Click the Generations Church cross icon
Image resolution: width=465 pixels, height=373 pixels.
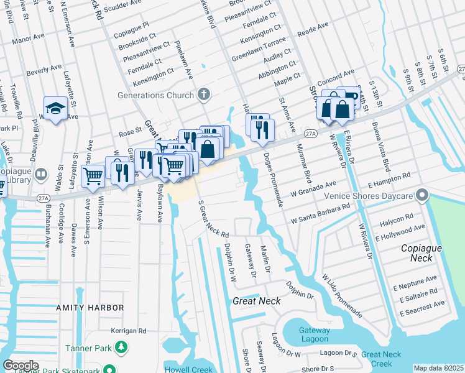[x=203, y=95]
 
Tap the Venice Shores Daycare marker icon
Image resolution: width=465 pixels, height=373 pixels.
[x=423, y=196]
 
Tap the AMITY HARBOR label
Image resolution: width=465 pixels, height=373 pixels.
[x=90, y=308]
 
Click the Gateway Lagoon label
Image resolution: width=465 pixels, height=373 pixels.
[x=314, y=334]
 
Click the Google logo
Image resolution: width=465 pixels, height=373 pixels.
[x=21, y=366]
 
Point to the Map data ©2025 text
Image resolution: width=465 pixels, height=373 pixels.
[x=438, y=368]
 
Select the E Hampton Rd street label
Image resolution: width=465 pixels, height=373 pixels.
[x=389, y=180]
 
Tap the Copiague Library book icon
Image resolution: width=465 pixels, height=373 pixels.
[x=41, y=174]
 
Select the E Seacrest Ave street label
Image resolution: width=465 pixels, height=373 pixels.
[x=423, y=305]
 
